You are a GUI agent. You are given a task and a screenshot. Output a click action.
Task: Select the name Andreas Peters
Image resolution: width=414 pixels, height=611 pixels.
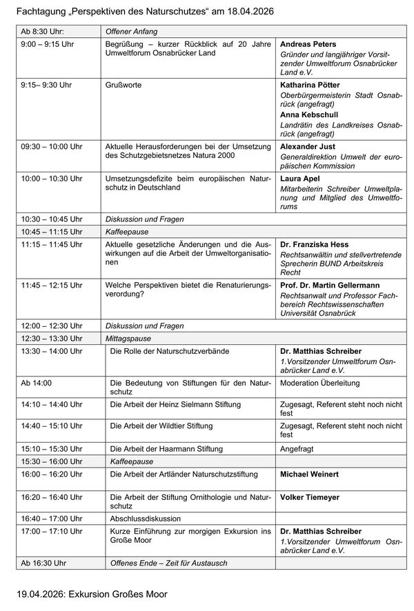(x=308, y=44)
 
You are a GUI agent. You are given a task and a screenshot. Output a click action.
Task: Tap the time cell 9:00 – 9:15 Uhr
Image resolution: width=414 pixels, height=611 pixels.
(x=48, y=44)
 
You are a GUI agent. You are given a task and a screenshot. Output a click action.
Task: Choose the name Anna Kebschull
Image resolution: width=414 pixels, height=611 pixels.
(x=309, y=115)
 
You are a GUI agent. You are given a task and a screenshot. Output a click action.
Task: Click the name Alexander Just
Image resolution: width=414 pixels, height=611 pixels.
(x=308, y=147)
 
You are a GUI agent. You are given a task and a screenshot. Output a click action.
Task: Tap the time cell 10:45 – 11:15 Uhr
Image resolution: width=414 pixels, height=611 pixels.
(x=52, y=232)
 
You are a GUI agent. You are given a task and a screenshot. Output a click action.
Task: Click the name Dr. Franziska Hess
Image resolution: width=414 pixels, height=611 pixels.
(x=314, y=244)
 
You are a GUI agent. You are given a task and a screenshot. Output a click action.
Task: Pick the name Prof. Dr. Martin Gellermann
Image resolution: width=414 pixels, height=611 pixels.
(x=330, y=285)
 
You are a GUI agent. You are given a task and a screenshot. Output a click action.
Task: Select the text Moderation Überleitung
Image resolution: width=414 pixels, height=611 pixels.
(x=319, y=383)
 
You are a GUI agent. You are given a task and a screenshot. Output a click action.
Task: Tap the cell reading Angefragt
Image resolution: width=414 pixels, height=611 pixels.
(x=297, y=448)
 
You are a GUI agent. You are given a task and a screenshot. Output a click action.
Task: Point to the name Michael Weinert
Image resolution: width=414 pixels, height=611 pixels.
(x=309, y=474)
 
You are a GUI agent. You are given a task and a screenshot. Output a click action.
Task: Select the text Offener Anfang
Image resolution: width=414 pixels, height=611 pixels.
(x=130, y=32)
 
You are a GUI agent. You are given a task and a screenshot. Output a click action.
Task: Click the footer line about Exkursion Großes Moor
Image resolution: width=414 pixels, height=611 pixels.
(x=92, y=594)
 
